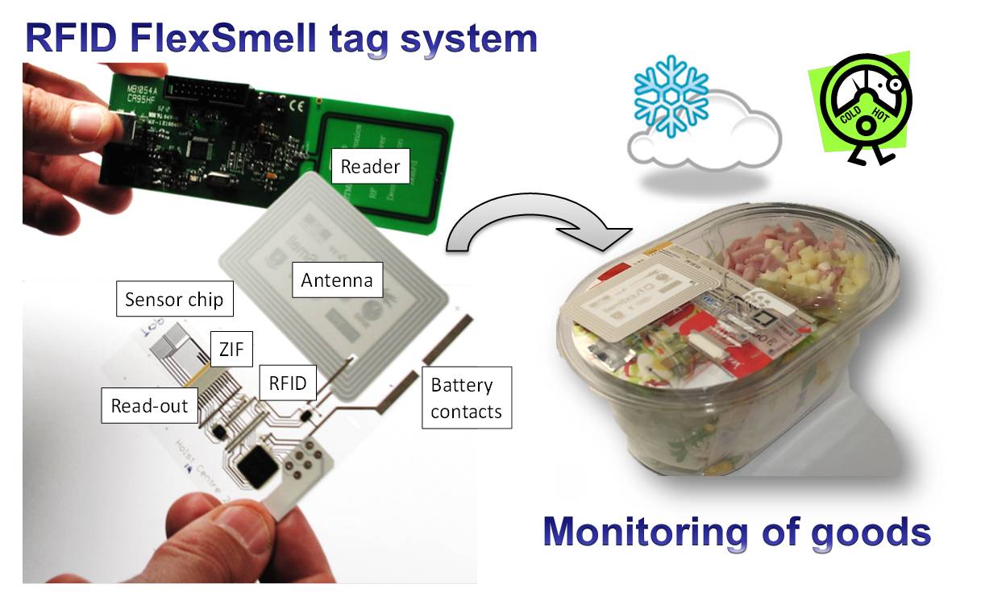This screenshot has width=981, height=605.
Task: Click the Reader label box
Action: (x=371, y=168)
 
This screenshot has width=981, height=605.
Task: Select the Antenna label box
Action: (x=337, y=280)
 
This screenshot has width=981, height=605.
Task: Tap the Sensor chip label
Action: (x=174, y=300)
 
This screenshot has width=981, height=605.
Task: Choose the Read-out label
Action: (x=150, y=405)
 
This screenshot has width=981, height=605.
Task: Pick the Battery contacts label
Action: (x=466, y=398)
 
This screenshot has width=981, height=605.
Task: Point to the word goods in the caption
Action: (x=871, y=532)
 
